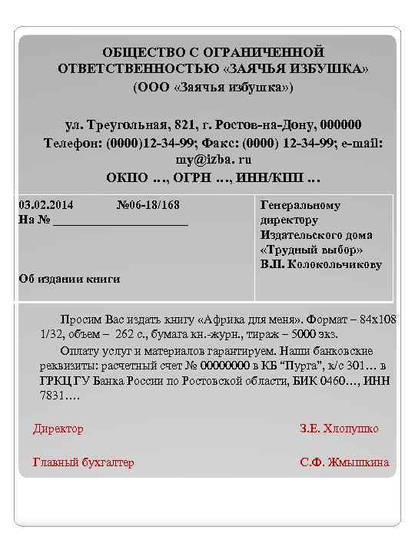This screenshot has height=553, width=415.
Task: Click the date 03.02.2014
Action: [45, 206]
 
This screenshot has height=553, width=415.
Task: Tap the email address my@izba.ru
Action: [213, 161]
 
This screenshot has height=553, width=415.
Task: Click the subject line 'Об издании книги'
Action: [69, 279]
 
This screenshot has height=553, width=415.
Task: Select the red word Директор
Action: [58, 429]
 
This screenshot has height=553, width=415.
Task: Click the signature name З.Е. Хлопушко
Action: [339, 429]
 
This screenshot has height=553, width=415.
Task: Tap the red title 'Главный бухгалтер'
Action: [83, 462]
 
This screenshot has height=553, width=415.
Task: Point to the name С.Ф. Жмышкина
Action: [344, 462]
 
